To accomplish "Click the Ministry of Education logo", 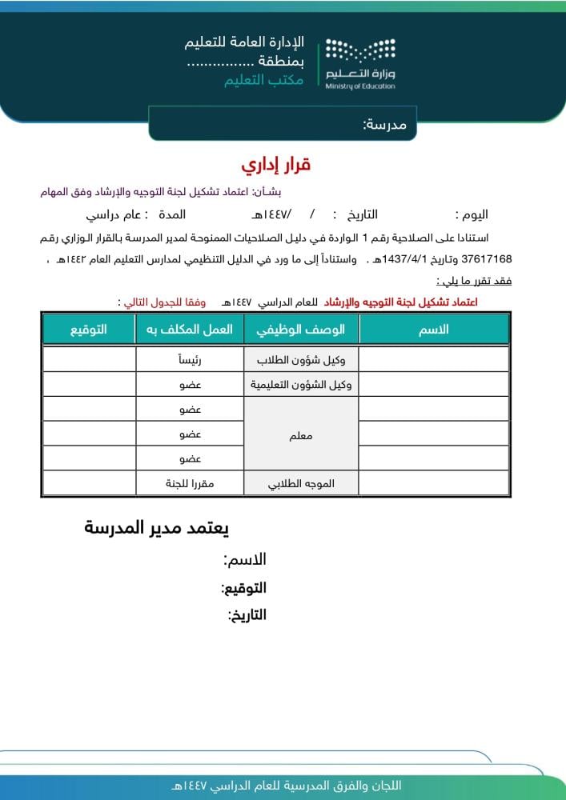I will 360,62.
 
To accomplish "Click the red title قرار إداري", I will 275,166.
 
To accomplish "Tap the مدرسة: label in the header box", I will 384,125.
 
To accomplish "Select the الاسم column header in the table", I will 434,330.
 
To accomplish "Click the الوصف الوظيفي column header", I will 300,330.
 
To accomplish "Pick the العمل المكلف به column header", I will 189,330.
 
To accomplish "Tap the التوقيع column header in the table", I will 88,330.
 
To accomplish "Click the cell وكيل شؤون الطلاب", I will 300,360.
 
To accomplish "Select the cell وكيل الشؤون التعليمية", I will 300,385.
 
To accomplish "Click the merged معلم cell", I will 300,437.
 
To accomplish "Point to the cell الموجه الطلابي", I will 300,484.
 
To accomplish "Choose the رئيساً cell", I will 189,360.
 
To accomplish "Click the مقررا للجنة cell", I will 189,484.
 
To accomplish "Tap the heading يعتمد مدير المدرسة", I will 157,528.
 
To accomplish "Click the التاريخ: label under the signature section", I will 247,615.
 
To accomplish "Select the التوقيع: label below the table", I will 243,588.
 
